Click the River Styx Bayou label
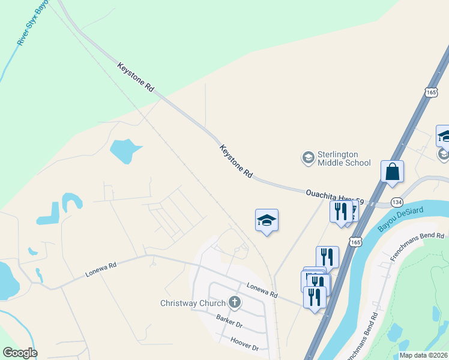[x=33, y=23]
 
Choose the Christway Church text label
[x=193, y=303]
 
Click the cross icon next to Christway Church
[x=235, y=302]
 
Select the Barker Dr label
[x=229, y=323]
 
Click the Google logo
[x=20, y=353]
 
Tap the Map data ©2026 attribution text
[x=423, y=355]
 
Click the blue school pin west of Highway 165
[x=267, y=220]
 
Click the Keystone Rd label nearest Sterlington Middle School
[x=236, y=161]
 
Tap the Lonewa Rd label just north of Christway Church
[x=262, y=291]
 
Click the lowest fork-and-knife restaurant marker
[x=314, y=297]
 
